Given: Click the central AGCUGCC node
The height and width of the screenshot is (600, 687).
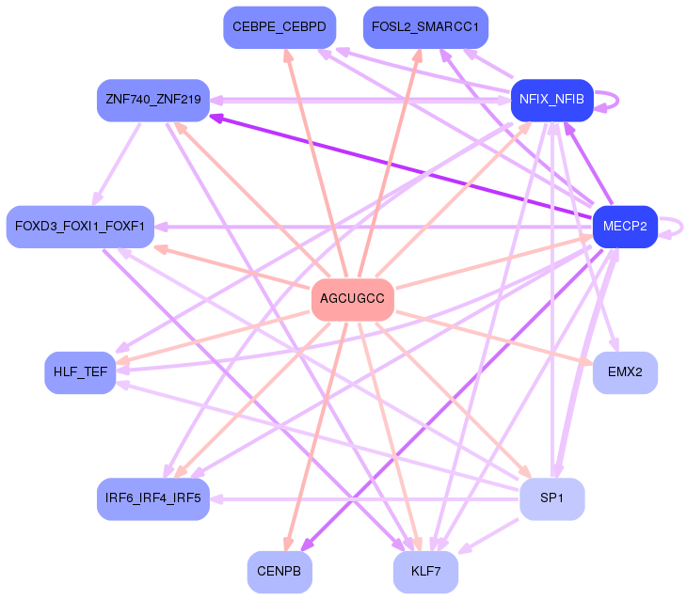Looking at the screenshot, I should pyautogui.click(x=352, y=299).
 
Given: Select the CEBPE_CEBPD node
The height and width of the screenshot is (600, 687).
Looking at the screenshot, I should pyautogui.click(x=279, y=27).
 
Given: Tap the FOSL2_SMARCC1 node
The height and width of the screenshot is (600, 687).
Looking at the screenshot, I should pyautogui.click(x=425, y=27).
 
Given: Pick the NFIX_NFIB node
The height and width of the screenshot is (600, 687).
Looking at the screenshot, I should pyautogui.click(x=551, y=100).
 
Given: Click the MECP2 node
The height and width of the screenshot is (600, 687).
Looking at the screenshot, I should pyautogui.click(x=624, y=227).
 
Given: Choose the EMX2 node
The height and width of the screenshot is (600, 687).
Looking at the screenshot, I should pyautogui.click(x=624, y=372).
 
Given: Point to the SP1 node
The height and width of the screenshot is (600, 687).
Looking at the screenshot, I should pyautogui.click(x=551, y=498).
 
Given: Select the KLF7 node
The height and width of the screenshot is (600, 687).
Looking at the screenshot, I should pyautogui.click(x=425, y=572).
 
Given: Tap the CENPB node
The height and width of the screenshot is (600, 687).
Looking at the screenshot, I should pyautogui.click(x=280, y=572).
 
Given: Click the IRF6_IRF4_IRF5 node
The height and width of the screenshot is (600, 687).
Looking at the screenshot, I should pyautogui.click(x=153, y=498).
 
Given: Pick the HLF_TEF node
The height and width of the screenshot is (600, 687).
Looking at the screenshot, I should pyautogui.click(x=80, y=372).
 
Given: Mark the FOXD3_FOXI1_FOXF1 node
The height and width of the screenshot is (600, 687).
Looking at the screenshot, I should pyautogui.click(x=80, y=227).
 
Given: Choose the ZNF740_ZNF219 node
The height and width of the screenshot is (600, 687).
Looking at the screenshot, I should pyautogui.click(x=153, y=100).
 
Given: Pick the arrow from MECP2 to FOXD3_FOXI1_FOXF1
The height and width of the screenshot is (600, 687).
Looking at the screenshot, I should pyautogui.click(x=376, y=227).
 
